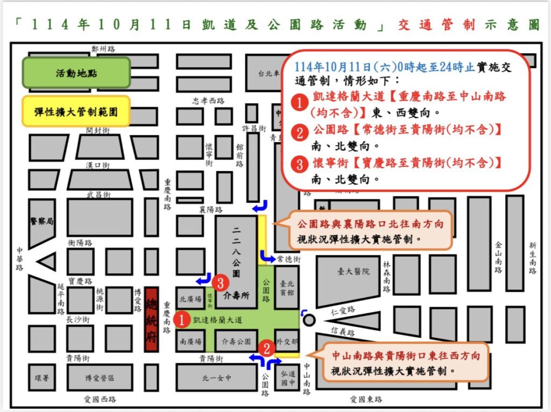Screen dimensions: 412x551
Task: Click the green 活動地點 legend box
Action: [x=76, y=73]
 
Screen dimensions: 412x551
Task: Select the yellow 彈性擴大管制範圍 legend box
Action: [x=76, y=111]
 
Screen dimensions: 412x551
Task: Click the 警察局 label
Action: [x=42, y=222]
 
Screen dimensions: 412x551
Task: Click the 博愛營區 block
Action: [x=100, y=378]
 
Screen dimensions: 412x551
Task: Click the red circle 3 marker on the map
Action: [x=219, y=282]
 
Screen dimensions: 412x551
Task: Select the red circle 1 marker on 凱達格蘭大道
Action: [x=182, y=320]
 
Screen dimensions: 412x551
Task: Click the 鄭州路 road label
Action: [x=103, y=48]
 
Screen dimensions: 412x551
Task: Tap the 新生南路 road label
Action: [x=532, y=258]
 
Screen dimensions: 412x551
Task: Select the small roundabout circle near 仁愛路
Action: [x=309, y=320]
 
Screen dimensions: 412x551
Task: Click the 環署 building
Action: [x=42, y=378]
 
